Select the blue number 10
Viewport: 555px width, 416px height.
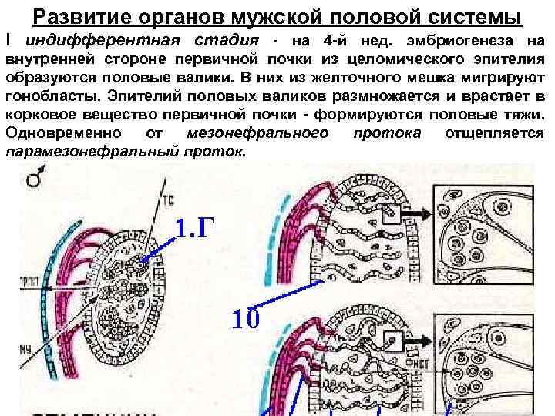246,317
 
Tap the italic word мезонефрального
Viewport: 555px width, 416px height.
254,133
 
